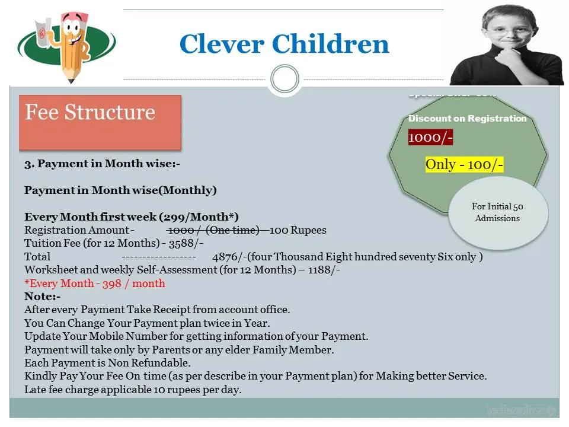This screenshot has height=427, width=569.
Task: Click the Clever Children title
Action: point(284,44)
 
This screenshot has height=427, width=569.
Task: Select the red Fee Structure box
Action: point(100,122)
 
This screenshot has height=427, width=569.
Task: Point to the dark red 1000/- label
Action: point(430,138)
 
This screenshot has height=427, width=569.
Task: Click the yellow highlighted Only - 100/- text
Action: point(464,164)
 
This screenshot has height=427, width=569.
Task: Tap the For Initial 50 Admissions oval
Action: point(497,212)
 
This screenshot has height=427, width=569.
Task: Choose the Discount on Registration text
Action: point(467,119)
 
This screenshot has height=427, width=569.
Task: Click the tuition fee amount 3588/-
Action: point(186,243)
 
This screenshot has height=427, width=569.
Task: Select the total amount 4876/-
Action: point(228,257)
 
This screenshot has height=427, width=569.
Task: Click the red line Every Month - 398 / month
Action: point(95,283)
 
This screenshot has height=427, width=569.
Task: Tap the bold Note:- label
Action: point(42,297)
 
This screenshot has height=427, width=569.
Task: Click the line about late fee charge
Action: point(133,390)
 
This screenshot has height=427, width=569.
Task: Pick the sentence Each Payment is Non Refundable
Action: point(107,363)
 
